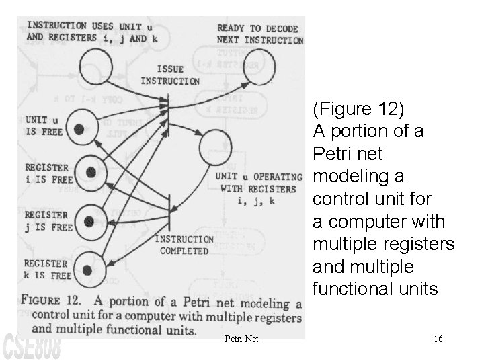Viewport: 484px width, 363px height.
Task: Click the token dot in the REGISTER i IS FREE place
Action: pyautogui.click(x=91, y=173)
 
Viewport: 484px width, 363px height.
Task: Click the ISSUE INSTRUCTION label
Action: pyautogui.click(x=169, y=75)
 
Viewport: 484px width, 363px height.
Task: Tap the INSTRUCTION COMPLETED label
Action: pyautogui.click(x=184, y=245)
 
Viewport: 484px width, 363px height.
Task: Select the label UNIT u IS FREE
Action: pyautogui.click(x=44, y=126)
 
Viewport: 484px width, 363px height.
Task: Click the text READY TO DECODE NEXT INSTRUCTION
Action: pyautogui.click(x=259, y=34)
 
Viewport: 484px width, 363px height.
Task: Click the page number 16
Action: pyautogui.click(x=438, y=339)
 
